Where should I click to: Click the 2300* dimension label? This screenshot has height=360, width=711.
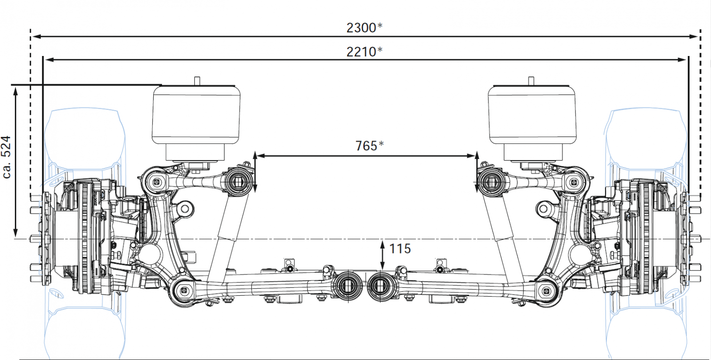364,28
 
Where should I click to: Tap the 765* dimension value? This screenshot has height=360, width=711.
369,146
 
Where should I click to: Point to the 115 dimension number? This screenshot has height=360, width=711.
400,249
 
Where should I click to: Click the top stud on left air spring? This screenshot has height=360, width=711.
196,80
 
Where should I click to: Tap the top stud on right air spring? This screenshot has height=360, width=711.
531,80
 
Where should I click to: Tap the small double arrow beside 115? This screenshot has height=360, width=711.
382,254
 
